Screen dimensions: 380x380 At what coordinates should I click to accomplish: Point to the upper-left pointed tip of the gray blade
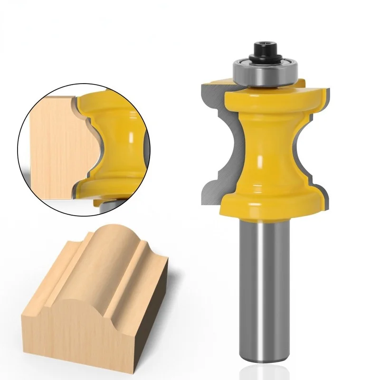(203, 85)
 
